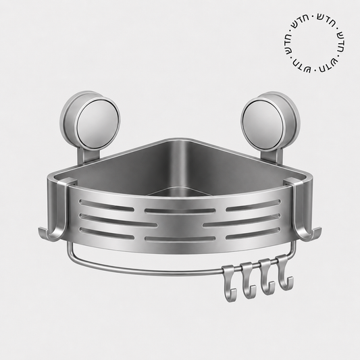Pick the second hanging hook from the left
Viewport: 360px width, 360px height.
point(247,280)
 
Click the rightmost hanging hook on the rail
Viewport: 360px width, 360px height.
point(284,273)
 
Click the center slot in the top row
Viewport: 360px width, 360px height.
point(180,211)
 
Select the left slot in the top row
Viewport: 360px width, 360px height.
point(107,205)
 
